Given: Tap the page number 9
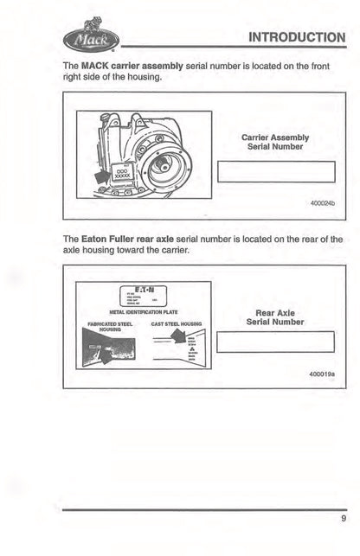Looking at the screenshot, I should [x=343, y=520].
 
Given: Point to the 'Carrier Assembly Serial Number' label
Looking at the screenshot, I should [x=274, y=142].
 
